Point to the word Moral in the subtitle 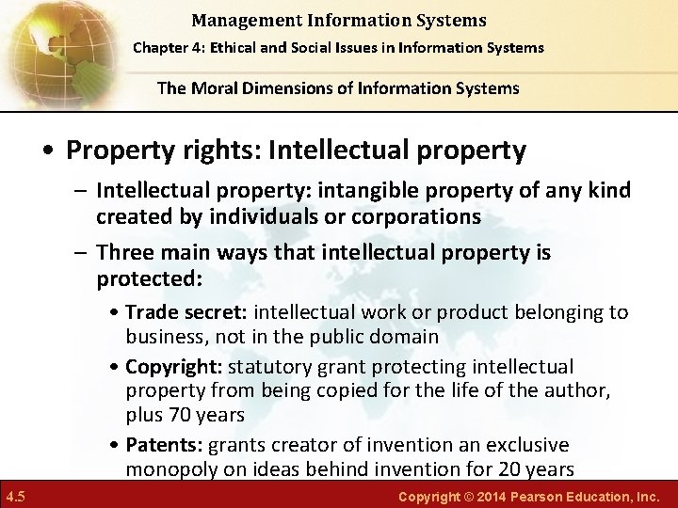pos(222,88)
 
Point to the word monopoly pos(169,469)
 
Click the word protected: pos(150,279)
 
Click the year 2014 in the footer pos(492,496)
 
